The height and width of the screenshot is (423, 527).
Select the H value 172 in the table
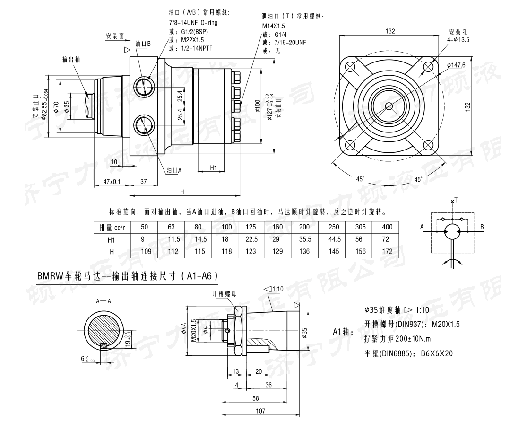[x=387, y=252]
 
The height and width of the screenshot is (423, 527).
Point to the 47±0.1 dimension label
[x=112, y=182]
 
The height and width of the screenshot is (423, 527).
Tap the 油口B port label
[x=143, y=44]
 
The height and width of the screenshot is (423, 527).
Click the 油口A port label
[x=174, y=170]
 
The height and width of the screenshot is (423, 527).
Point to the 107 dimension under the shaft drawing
[x=261, y=411]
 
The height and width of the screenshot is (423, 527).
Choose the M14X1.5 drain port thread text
[x=274, y=27]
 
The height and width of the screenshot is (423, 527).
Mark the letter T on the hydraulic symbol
[x=456, y=200]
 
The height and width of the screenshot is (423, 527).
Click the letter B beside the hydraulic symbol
[x=482, y=227]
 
